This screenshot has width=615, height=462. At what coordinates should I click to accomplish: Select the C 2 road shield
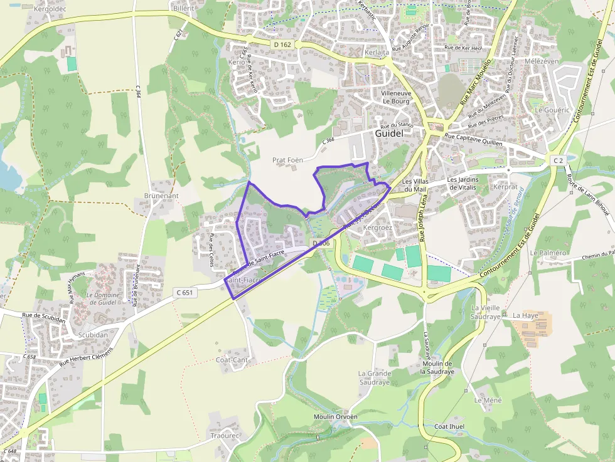tap(558, 161)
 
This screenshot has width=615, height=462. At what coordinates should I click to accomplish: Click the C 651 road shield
tap(184, 292)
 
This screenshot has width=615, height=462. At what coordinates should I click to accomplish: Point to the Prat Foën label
tap(287, 160)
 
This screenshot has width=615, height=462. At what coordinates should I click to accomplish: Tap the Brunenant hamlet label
tap(161, 196)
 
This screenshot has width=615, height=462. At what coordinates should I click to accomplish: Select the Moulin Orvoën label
tap(336, 417)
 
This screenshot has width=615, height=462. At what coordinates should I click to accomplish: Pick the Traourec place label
tap(225, 435)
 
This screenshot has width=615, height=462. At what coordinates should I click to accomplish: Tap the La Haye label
tap(526, 315)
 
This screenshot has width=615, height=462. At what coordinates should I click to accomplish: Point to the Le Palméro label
tap(548, 253)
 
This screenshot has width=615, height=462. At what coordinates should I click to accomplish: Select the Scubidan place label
tap(94, 335)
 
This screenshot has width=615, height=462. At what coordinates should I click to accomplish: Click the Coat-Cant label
tap(232, 360)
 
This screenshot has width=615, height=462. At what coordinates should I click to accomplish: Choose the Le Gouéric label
tap(552, 110)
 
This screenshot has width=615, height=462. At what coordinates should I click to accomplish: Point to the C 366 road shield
tap(329, 142)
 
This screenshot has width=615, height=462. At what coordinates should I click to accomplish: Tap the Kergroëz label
tap(378, 228)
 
